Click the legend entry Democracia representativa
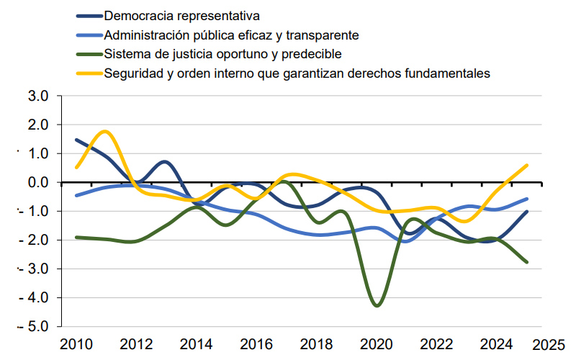(181, 15)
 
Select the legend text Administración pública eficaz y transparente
(231, 35)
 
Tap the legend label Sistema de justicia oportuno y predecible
(222, 54)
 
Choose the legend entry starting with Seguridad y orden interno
(297, 73)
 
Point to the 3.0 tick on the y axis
(38, 96)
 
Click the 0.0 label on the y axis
(38, 182)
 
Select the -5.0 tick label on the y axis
(35, 326)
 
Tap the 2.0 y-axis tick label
(38, 125)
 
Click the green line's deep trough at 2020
(377, 306)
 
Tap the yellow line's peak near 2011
(106, 131)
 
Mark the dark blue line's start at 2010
(76, 140)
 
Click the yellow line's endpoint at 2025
(527, 165)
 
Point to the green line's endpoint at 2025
(527, 262)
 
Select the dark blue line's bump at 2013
(165, 161)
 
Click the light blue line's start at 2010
(76, 195)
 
